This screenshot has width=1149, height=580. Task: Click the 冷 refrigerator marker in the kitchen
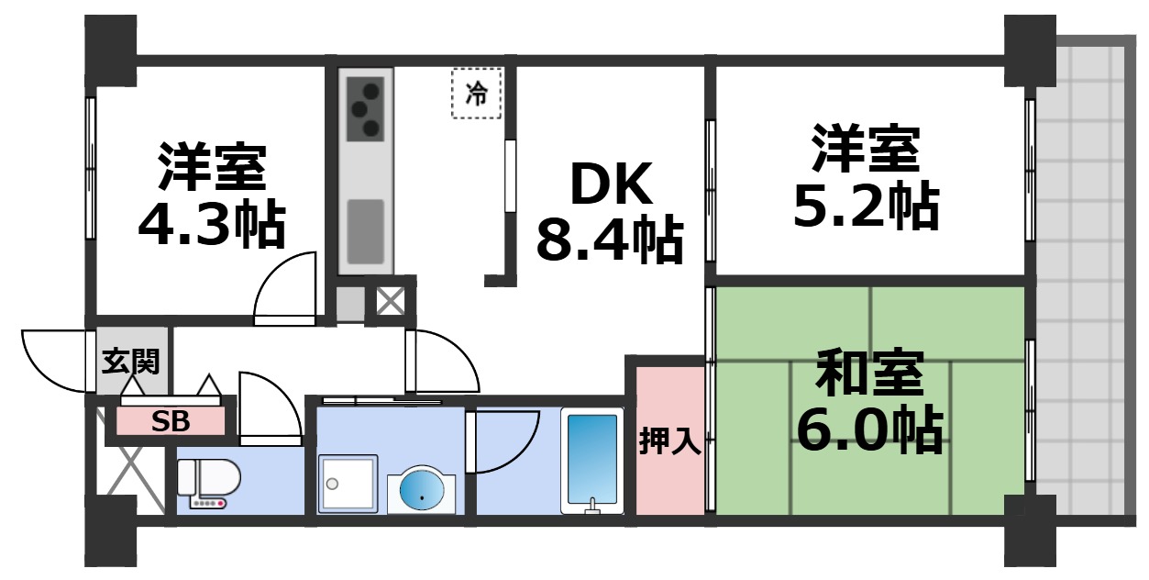tap(477, 94)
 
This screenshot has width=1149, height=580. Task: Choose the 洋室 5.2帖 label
tap(865, 179)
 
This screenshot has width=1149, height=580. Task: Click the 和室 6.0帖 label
tap(868, 402)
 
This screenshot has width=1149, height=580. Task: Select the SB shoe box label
tap(171, 422)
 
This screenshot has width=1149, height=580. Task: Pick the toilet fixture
tap(209, 483)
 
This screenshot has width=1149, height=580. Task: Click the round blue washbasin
tap(420, 492)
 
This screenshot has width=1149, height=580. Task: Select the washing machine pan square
tap(348, 484)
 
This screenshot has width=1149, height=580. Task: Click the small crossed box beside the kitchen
tap(391, 301)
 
